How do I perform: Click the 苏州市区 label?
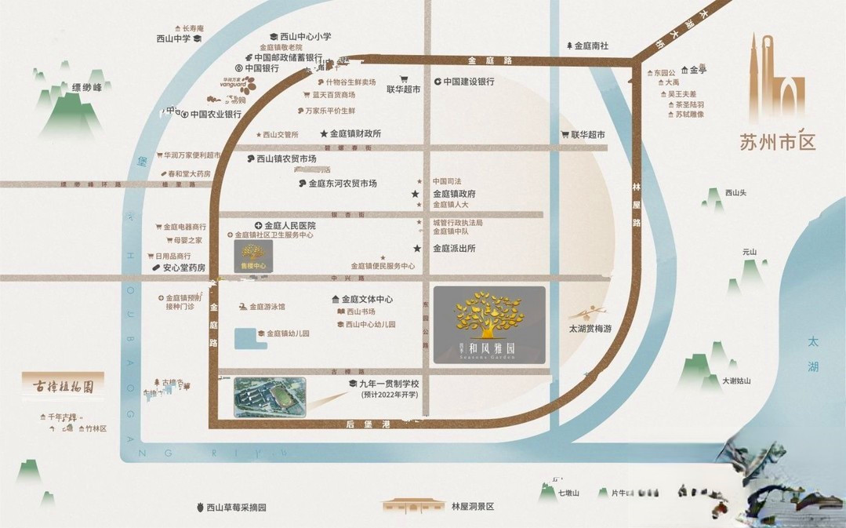tap(777, 142)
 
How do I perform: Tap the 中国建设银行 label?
tap(469, 82)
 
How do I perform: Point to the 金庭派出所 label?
tap(454, 248)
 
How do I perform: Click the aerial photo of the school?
tap(269, 397)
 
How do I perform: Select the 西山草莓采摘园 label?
tap(236, 507)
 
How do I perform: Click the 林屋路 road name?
tap(636, 203)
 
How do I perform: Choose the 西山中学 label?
tap(174, 38)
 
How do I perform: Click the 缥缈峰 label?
tap(87, 87)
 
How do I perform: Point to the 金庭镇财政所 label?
tap(355, 134)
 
